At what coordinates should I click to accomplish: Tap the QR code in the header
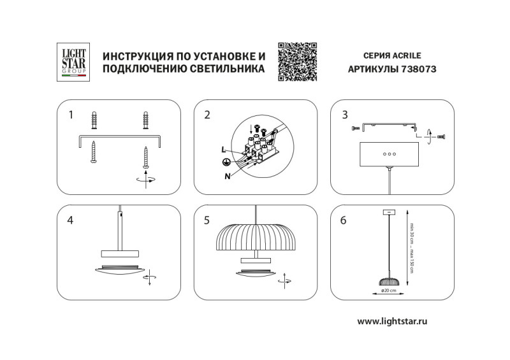tap(298, 62)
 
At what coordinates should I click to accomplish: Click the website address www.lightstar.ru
tap(391, 322)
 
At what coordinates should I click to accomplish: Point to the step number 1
tap(71, 115)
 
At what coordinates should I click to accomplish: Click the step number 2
tap(207, 115)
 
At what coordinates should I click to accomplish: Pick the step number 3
tap(345, 115)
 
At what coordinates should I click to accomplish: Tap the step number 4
tap(71, 220)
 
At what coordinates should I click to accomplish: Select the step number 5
tap(207, 220)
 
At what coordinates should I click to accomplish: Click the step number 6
tap(345, 220)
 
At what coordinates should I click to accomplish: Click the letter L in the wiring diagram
tap(223, 149)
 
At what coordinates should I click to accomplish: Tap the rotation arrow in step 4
tap(149, 278)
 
